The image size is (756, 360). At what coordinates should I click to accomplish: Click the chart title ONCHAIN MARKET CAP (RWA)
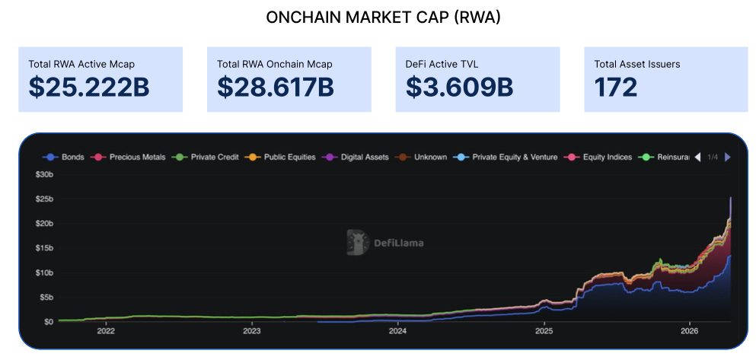pos(383,18)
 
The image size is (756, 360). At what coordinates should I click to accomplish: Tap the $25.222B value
pos(89,88)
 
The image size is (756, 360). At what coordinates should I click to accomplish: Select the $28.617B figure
pos(276,88)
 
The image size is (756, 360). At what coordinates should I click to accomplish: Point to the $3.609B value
pos(459,88)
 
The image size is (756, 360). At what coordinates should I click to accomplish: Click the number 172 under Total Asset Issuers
pos(616,88)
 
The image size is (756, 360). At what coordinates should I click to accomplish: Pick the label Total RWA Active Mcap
pos(81,64)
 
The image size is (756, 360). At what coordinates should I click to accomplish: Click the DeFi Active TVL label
pos(442,64)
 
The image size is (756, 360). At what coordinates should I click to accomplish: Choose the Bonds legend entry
pos(64,157)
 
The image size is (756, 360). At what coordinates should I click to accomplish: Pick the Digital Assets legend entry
pos(355,157)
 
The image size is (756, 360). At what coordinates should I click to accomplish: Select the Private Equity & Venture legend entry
pos(506,157)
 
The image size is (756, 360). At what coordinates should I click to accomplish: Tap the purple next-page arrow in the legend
pos(728,157)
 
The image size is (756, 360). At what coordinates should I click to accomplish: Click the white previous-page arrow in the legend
pos(697,157)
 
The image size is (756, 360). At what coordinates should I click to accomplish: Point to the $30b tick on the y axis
pos(44,174)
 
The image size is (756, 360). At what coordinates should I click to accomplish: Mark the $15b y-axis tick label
pos(44,247)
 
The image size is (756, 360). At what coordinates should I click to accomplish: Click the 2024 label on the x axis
pos(397,331)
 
